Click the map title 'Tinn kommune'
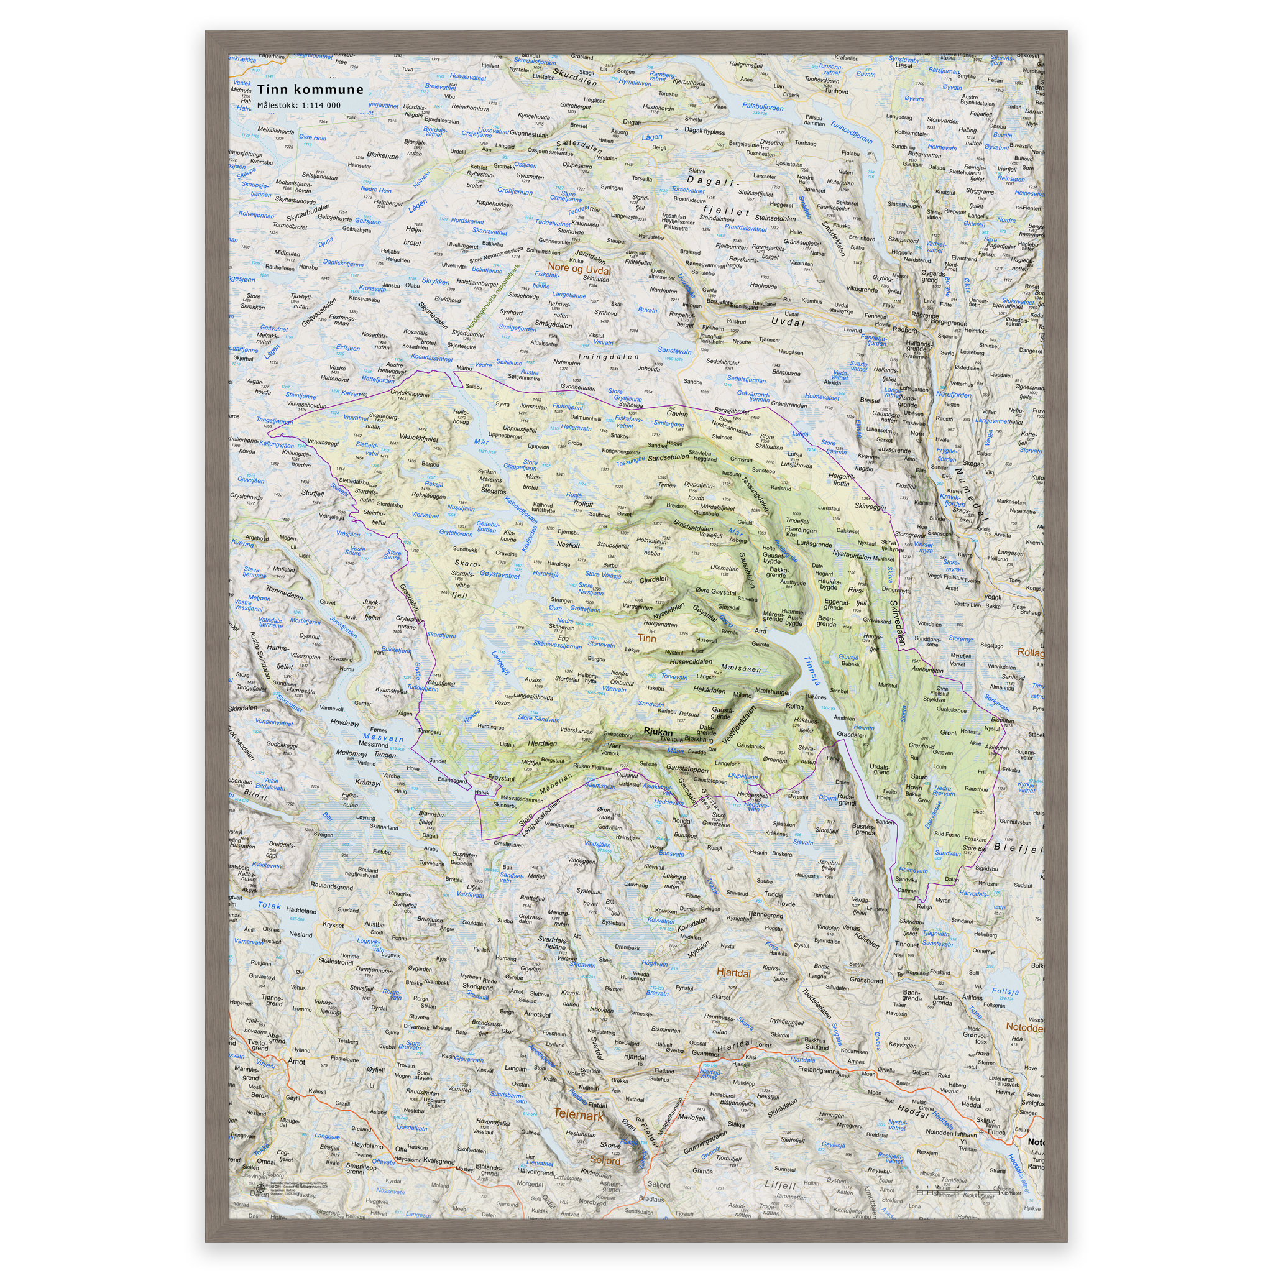[x=310, y=90]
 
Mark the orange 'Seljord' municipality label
[x=605, y=1160]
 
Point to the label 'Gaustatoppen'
[x=687, y=769]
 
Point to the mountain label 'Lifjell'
[x=781, y=1185]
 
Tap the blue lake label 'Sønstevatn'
[x=674, y=352]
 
